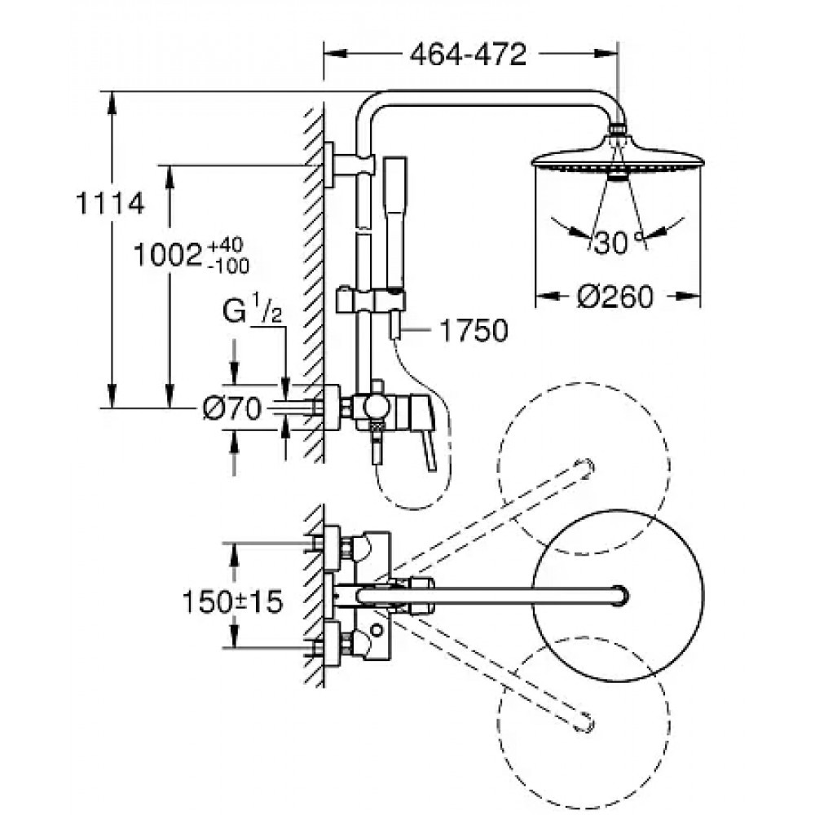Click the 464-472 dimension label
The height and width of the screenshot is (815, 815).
(468, 54)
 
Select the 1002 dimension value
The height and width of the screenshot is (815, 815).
(167, 255)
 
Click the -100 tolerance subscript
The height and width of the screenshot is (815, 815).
(228, 267)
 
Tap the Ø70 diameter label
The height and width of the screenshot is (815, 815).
(231, 408)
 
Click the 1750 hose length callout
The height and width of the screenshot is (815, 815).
(474, 331)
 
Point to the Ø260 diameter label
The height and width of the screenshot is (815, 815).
(615, 297)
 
